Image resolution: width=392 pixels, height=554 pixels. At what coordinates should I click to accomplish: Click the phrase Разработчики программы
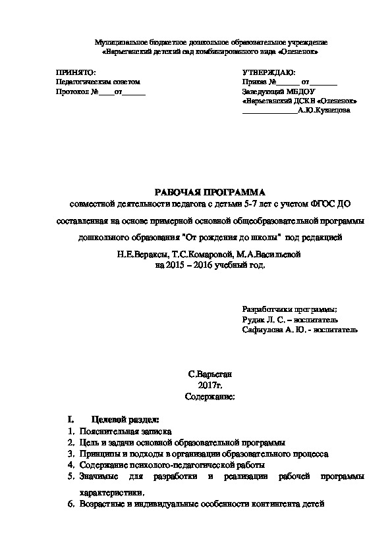click(290, 309)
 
